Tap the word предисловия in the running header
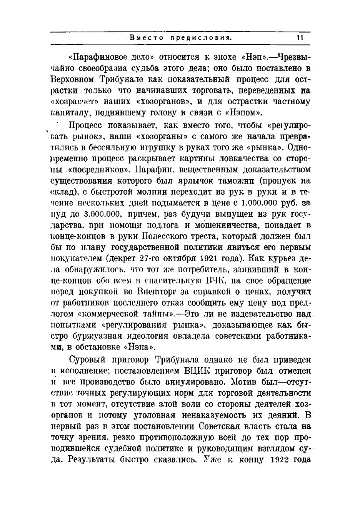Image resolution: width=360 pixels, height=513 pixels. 200,38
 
